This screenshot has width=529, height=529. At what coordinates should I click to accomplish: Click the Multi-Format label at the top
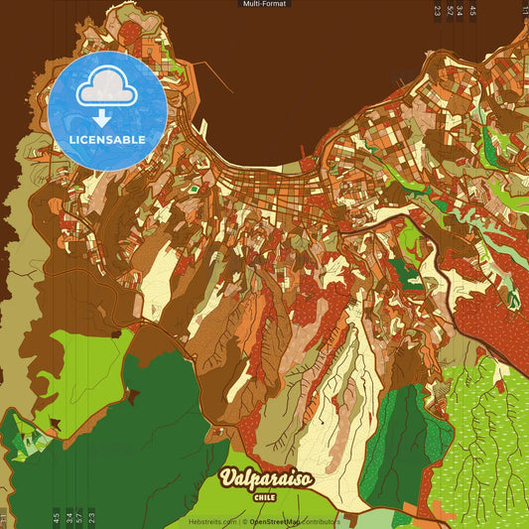coord(264,4)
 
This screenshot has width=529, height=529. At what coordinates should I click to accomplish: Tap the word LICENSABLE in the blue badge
coord(106,139)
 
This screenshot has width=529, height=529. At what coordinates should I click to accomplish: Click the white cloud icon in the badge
coord(106,90)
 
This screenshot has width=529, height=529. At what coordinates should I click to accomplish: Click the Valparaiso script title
coord(265,479)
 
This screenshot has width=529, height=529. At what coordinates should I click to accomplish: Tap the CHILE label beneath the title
coord(265,497)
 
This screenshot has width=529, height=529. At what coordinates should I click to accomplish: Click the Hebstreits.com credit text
coord(210,521)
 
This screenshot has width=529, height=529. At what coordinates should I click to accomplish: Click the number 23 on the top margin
coord(437,11)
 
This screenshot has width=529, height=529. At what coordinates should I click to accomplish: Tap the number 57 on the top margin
coord(449,11)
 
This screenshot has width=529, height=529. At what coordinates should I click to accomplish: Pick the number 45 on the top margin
coord(472,11)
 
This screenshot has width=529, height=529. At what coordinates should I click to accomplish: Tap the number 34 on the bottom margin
coord(67,516)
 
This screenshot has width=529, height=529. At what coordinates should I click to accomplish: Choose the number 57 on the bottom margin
coord(79,516)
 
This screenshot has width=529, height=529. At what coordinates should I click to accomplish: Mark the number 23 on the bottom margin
coord(91,516)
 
